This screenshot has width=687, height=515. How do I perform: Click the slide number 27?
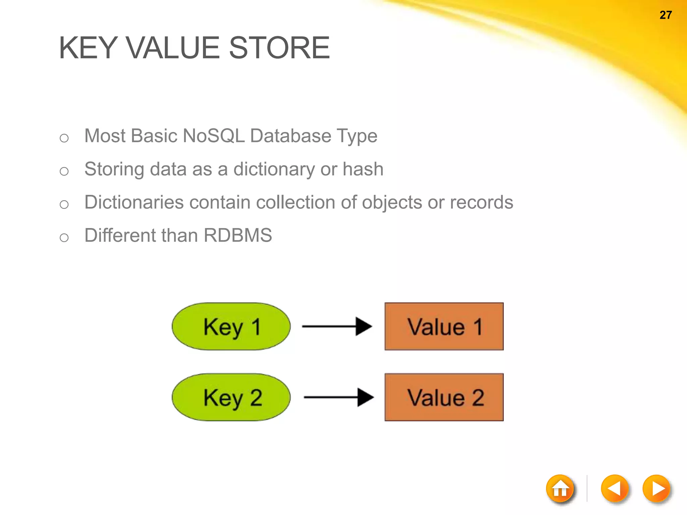coord(666,15)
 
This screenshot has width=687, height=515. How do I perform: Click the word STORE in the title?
coord(279,48)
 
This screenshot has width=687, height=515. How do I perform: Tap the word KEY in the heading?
coord(88,48)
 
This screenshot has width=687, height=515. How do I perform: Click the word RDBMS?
coord(238,235)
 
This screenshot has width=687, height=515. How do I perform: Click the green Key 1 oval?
coord(231,327)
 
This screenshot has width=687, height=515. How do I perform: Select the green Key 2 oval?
coord(231,397)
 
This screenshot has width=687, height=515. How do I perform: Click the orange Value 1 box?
coord(444,327)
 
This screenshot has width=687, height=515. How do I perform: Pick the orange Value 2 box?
coord(444,397)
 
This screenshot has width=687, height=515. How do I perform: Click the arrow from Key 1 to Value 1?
coord(337,326)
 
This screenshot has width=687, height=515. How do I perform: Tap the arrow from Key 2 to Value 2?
coord(338,397)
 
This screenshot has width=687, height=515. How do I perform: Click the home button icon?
coord(560,489)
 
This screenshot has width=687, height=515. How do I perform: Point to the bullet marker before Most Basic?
coord(64,138)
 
